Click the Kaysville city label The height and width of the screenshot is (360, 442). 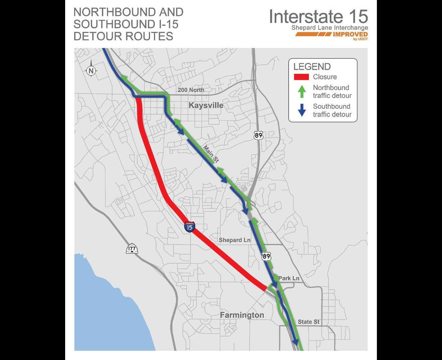tap(206, 105)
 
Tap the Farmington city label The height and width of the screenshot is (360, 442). tap(242, 315)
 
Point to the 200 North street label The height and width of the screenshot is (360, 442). tap(191, 90)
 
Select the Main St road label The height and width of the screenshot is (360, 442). tap(211, 153)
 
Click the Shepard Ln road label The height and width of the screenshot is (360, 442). tap(235, 240)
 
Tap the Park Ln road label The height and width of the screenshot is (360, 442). tap(289, 278)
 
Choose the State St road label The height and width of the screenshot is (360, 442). tap(309, 322)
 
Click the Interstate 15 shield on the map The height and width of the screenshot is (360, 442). tap(190, 227)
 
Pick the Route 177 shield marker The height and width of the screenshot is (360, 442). tap(132, 249)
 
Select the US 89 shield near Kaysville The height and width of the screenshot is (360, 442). tap(258, 135)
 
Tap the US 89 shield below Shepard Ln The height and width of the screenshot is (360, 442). tap(266, 256)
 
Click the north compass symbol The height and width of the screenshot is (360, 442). tap(91, 71)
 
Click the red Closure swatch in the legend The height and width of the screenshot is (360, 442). tap(301, 77)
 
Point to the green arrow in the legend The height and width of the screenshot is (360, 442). tap(302, 91)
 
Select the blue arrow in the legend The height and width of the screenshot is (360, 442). tap(302, 110)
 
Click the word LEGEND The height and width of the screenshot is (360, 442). tap(312, 67)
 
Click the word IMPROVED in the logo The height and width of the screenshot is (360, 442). tap(350, 35)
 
